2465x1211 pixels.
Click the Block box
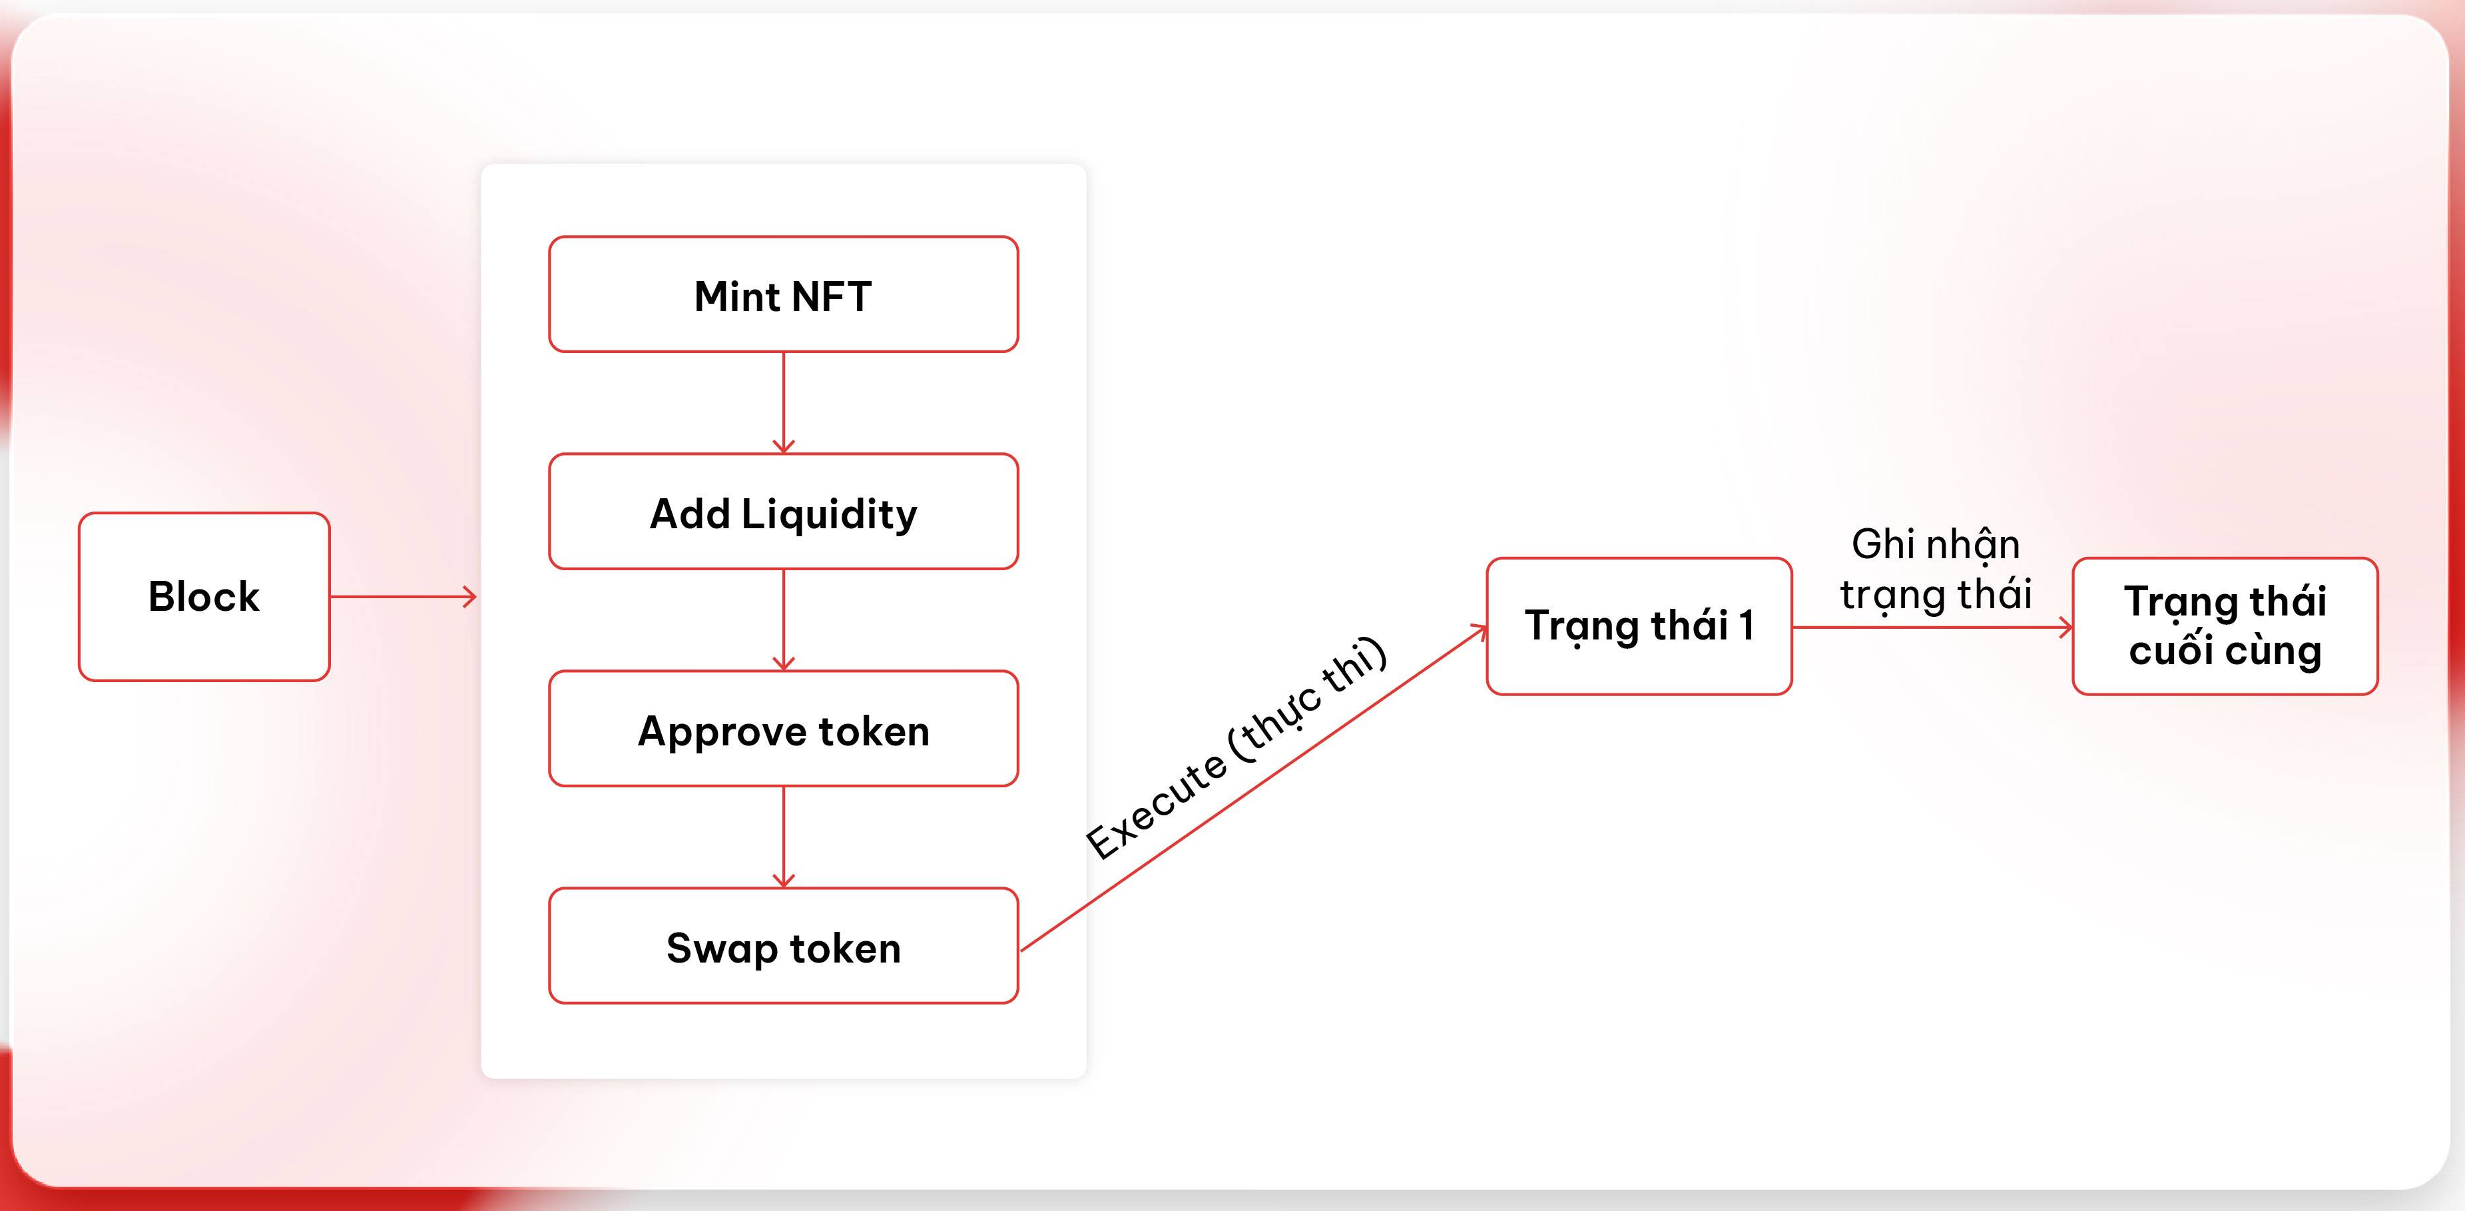(204, 596)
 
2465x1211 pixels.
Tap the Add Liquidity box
(783, 512)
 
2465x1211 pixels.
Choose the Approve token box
(783, 729)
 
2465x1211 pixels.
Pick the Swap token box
(783, 947)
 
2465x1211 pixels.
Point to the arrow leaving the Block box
(403, 598)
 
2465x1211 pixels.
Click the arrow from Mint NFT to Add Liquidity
(784, 402)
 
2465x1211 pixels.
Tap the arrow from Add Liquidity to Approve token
(784, 619)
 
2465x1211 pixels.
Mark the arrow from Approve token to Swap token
(784, 837)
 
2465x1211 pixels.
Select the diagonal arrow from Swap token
(1254, 788)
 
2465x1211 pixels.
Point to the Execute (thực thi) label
(1235, 749)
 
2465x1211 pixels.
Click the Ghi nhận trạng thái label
(1935, 569)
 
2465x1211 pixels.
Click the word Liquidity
(829, 514)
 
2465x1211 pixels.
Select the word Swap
(722, 949)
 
